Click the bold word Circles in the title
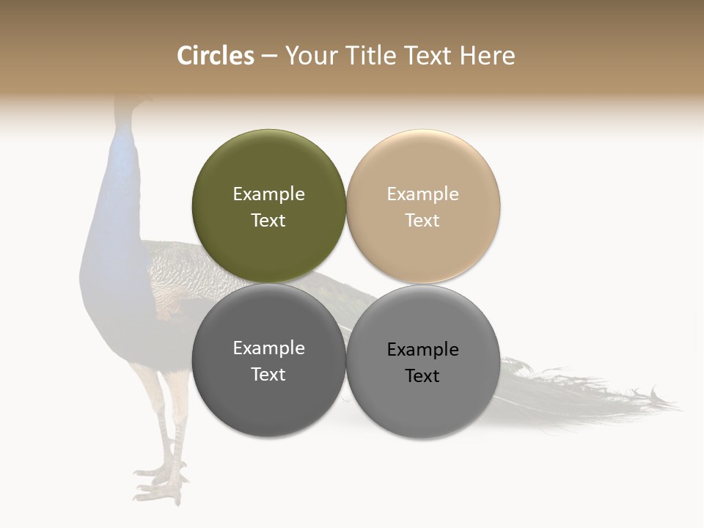215,56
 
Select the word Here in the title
488,56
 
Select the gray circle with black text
422,403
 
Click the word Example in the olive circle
268,194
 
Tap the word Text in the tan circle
422,221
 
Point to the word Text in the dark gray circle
268,375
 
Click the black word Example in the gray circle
422,350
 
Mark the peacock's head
132,106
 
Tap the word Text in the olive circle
268,221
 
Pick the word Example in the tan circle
422,194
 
